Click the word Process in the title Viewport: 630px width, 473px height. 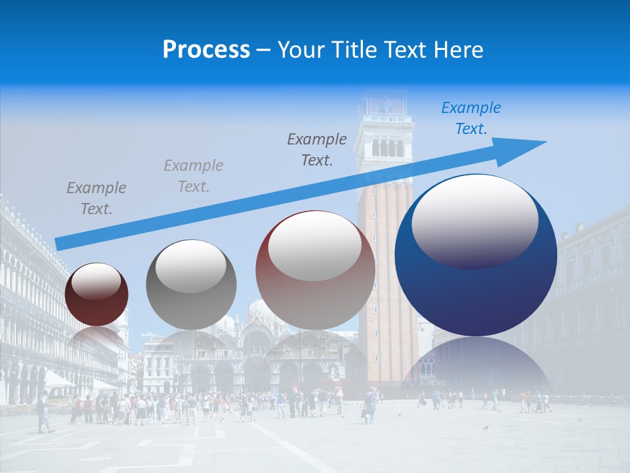(x=206, y=49)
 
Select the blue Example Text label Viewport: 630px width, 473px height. (x=471, y=118)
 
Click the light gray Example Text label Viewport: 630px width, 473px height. (x=193, y=176)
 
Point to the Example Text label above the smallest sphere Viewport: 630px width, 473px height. (x=96, y=198)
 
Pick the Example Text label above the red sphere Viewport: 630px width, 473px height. (x=316, y=149)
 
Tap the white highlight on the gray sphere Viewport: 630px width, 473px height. (x=191, y=266)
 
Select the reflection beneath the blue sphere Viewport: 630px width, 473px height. (x=476, y=365)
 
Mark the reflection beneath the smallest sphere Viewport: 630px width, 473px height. (x=97, y=338)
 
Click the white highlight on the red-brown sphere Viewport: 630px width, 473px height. (x=315, y=245)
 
